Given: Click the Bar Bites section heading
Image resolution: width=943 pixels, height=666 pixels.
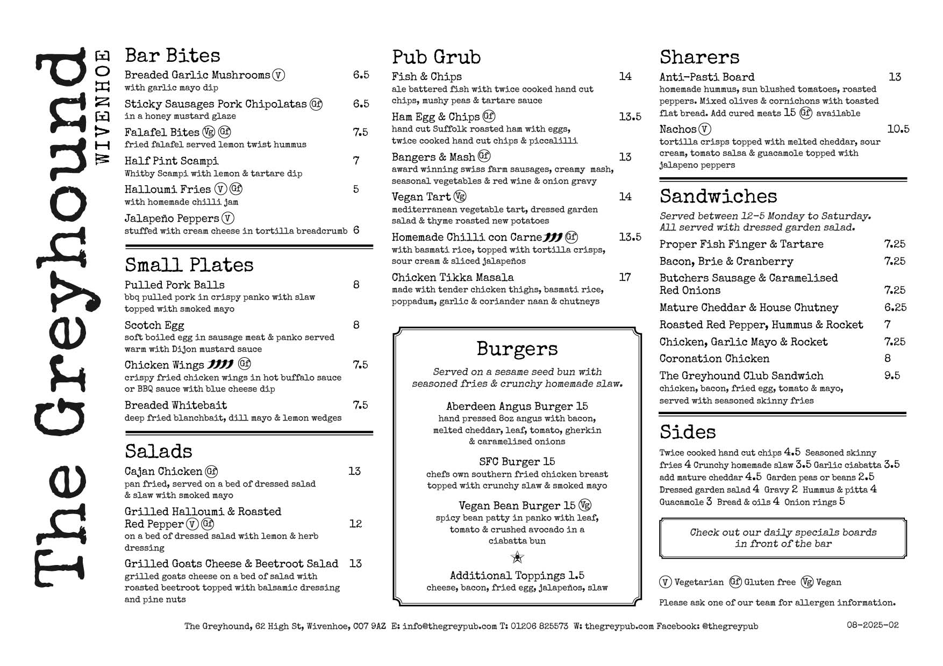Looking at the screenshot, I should (x=172, y=56).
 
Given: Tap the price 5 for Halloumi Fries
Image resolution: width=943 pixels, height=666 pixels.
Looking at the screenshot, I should (x=356, y=189).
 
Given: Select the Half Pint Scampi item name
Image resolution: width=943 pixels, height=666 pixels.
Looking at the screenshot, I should (x=172, y=161).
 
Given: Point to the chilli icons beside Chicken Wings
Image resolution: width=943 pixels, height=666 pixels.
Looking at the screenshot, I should (x=220, y=365).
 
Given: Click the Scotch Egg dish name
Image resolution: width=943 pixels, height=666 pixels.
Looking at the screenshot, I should (x=154, y=325).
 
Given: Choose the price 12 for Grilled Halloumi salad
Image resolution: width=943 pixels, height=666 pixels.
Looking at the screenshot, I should (x=355, y=524).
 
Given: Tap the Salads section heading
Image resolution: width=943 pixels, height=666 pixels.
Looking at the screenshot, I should (x=158, y=451).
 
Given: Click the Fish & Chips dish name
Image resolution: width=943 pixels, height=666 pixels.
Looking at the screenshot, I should (x=426, y=76).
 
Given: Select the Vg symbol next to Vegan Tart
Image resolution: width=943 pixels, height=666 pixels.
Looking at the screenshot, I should (x=460, y=197).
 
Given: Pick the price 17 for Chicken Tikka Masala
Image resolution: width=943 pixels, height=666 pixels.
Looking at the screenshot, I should (x=625, y=277).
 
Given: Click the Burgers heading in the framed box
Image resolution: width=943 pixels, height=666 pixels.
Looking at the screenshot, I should (x=517, y=349).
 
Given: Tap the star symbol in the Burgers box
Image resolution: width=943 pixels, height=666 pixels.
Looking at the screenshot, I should (x=517, y=558).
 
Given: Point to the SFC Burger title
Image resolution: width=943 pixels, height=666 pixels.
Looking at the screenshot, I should (x=517, y=461).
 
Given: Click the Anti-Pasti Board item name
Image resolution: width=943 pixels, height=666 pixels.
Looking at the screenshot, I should (x=706, y=77).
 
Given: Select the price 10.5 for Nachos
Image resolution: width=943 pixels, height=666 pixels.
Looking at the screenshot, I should (x=898, y=129).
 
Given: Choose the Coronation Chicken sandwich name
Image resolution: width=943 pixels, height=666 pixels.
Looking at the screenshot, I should (x=714, y=358).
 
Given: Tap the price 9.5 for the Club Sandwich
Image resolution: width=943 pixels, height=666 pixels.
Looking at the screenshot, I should (x=892, y=375).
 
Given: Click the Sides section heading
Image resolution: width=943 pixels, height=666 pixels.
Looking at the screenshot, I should (x=688, y=432).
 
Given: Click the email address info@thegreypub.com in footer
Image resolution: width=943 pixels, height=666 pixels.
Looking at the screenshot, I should (x=449, y=626).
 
